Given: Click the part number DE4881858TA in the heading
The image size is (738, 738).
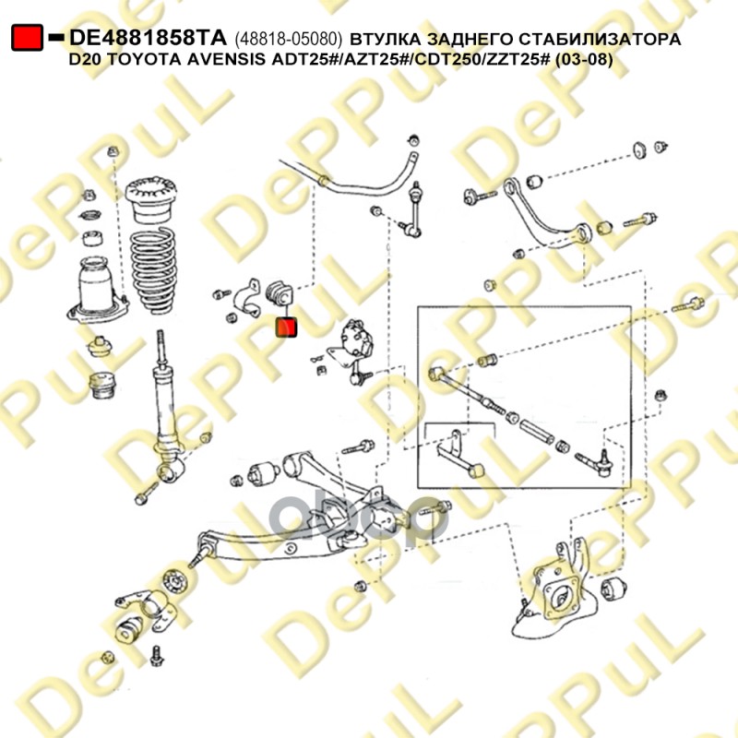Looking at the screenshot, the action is click(148, 38).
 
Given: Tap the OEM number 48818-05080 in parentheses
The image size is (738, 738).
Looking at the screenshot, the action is click(289, 39).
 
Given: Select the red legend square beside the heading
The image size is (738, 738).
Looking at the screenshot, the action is click(28, 38).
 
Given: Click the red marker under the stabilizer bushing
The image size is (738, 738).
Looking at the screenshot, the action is click(286, 327).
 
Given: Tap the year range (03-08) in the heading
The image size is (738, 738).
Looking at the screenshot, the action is click(584, 60).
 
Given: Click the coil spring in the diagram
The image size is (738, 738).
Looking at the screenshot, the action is click(153, 270).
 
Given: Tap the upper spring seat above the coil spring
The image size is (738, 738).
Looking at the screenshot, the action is click(150, 198).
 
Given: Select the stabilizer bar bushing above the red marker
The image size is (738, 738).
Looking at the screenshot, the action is click(280, 293).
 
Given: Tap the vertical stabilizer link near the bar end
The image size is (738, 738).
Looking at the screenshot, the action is click(414, 208).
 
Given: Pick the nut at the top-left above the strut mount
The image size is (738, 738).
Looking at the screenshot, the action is click(113, 152).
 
